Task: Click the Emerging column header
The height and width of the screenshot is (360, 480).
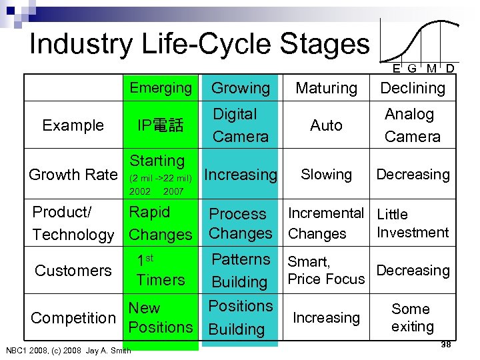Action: [161, 87]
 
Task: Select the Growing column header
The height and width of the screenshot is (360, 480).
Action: [240, 88]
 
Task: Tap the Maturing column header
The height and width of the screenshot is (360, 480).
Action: [326, 88]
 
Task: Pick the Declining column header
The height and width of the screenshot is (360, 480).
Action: [413, 88]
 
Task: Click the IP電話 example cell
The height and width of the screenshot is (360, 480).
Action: [160, 125]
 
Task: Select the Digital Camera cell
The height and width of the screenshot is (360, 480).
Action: [240, 125]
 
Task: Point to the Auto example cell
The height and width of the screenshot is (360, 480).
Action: [326, 125]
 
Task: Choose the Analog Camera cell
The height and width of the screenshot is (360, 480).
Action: [413, 125]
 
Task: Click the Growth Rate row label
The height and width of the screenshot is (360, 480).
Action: [73, 175]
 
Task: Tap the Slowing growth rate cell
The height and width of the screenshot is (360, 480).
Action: [326, 175]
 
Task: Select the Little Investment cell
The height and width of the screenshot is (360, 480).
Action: [413, 223]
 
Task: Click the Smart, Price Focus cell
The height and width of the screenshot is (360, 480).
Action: [326, 271]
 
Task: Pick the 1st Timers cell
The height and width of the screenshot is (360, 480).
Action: [160, 270]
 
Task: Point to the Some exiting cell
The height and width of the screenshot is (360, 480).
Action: [412, 317]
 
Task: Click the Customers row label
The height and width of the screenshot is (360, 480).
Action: [73, 270]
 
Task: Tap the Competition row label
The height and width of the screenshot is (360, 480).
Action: [73, 318]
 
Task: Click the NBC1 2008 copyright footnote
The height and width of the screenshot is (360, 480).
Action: [68, 350]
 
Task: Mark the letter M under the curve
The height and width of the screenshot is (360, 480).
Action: [431, 69]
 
